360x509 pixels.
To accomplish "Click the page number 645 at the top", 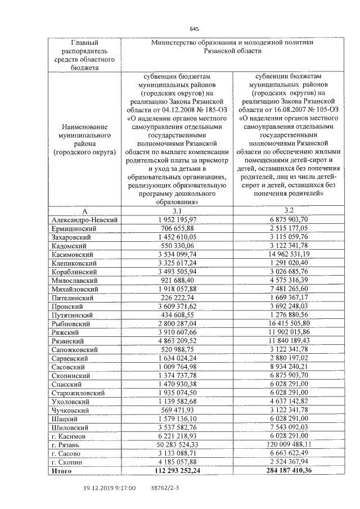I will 195,29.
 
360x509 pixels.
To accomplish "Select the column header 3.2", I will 289,210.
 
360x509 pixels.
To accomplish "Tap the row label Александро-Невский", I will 84,220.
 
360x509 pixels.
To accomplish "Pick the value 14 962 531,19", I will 289,255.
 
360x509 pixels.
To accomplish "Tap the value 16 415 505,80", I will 289,324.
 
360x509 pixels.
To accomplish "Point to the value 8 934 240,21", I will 289,367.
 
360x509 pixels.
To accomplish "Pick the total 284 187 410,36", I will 289,470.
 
